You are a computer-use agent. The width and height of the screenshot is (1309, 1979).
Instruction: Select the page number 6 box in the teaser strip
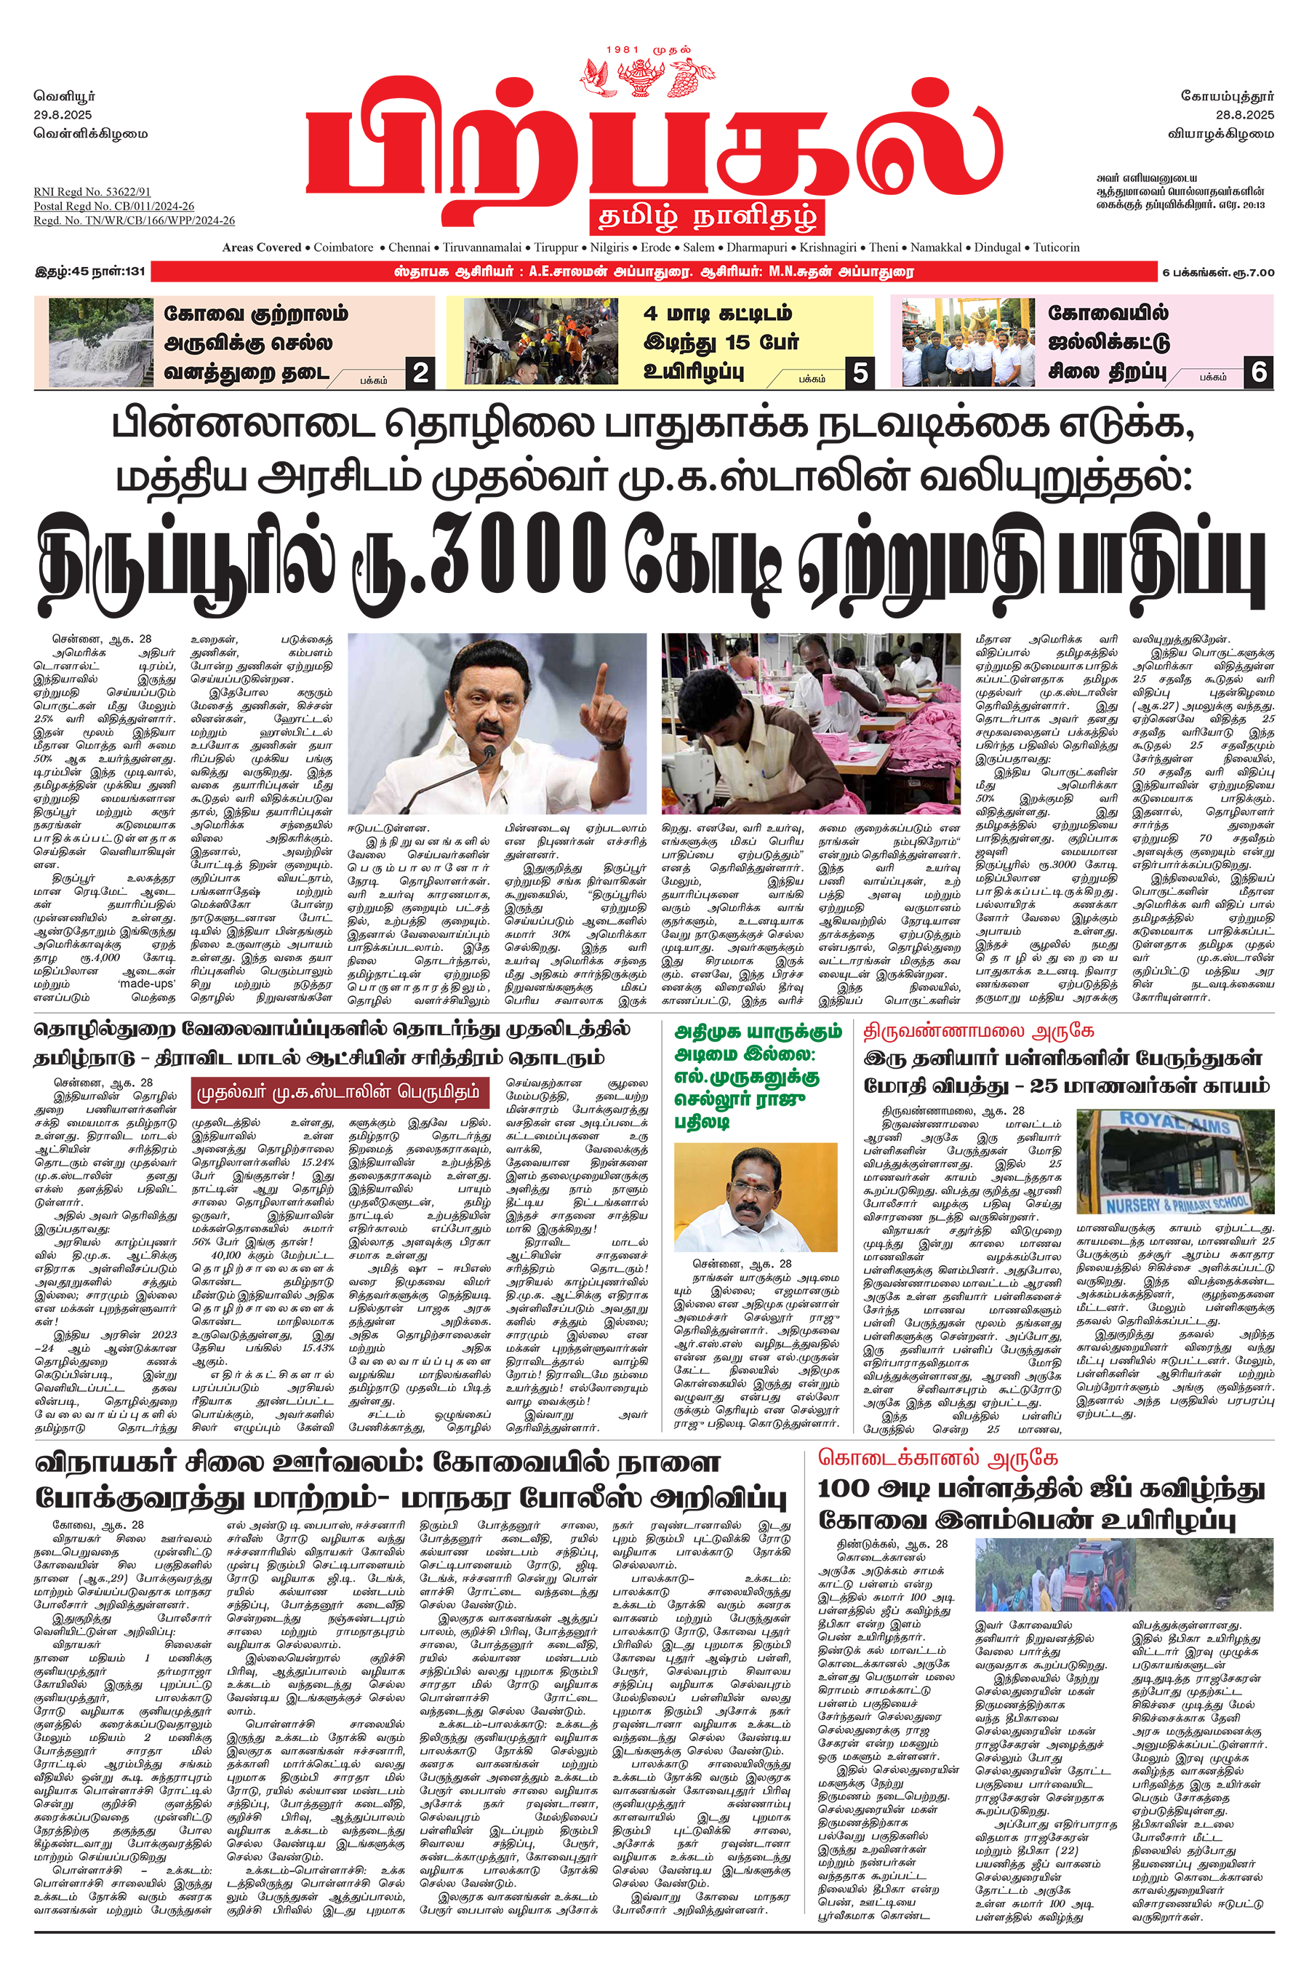pos(1258,372)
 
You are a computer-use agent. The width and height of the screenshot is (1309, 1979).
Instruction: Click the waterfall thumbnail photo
pos(101,343)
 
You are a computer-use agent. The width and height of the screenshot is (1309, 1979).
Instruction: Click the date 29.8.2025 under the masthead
pos(63,115)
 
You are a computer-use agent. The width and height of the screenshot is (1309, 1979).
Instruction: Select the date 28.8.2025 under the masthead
pos(1244,115)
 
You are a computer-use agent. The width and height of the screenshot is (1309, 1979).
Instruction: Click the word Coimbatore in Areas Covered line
pos(343,248)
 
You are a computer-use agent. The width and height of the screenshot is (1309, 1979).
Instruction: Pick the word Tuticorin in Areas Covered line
pos(1056,248)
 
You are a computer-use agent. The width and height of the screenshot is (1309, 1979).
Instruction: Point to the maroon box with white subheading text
pos(338,1092)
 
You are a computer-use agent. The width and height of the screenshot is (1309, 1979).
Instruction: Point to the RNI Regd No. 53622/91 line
pos(92,192)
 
